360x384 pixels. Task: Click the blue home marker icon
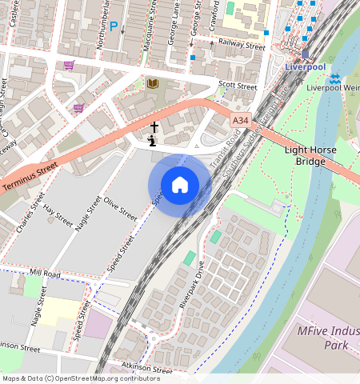click(x=180, y=185)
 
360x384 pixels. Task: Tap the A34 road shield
click(x=240, y=120)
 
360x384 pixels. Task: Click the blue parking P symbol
click(x=114, y=26)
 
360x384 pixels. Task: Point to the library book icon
click(x=153, y=83)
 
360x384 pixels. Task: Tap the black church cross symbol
click(x=154, y=127)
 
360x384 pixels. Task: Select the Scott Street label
click(x=238, y=86)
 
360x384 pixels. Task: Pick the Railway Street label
click(x=241, y=46)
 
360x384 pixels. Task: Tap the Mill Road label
click(x=45, y=274)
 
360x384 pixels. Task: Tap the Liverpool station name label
click(x=304, y=67)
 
